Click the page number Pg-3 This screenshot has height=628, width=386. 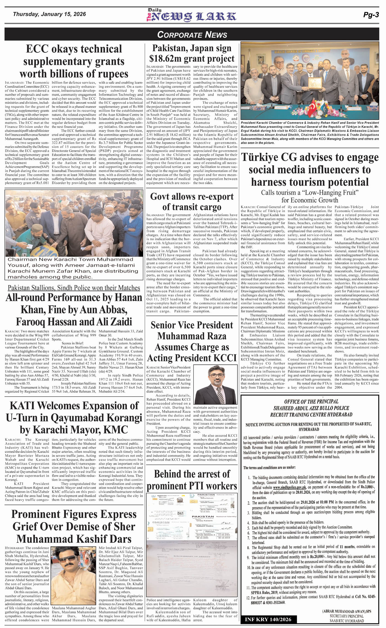tap(371, 15)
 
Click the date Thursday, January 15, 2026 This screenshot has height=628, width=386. tap(49, 14)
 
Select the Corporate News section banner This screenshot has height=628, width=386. tap(192, 35)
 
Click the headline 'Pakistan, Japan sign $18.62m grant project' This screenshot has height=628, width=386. tap(192, 53)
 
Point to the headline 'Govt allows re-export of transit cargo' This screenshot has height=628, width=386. tap(192, 202)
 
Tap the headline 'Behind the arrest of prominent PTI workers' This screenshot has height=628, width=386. tap(192, 480)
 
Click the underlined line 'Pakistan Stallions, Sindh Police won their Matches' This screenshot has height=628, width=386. tap(74, 288)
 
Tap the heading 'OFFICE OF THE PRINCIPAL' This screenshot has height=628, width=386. tap(311, 401)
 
